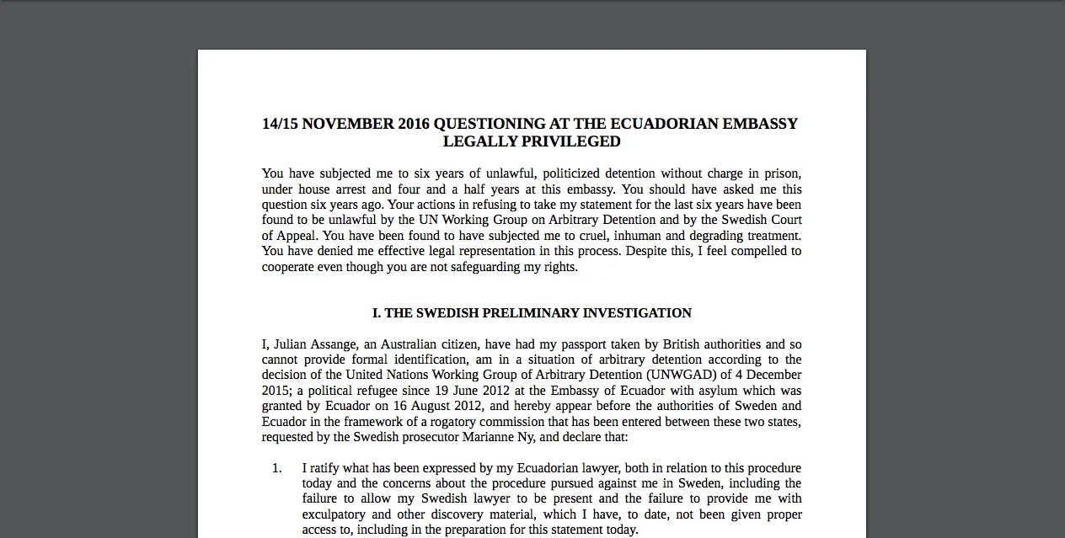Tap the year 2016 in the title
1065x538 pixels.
[399, 124]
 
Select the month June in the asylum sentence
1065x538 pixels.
[455, 391]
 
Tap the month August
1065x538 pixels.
[438, 406]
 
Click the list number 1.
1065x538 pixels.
[276, 468]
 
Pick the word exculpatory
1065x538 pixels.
[334, 514]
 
